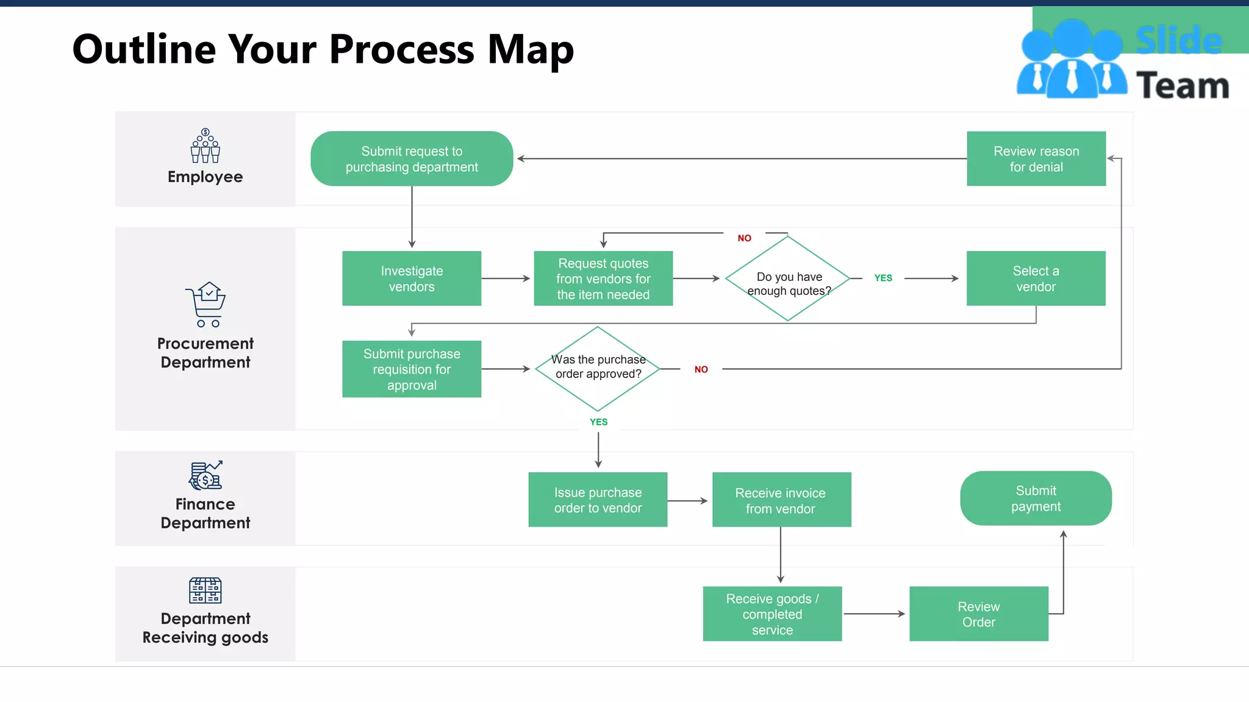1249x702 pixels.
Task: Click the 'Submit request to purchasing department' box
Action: click(x=412, y=158)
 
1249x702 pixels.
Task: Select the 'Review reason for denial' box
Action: click(x=1036, y=158)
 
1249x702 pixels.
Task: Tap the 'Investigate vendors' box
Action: click(x=412, y=278)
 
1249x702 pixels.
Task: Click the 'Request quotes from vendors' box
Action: click(x=603, y=278)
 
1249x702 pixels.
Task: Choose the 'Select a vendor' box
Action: click(x=1036, y=278)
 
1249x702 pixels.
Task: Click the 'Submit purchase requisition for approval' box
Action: click(x=412, y=369)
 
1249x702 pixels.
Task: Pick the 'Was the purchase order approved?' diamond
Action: click(x=598, y=369)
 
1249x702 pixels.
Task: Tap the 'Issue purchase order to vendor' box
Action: click(x=598, y=500)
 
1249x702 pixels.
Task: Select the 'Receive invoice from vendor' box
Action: click(x=781, y=500)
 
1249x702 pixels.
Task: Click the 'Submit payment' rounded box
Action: click(x=1036, y=498)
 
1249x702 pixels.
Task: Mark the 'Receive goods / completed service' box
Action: click(x=772, y=614)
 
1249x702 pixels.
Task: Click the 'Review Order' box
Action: click(x=978, y=614)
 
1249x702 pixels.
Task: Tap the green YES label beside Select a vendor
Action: click(x=883, y=278)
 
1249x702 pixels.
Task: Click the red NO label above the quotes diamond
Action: click(x=744, y=238)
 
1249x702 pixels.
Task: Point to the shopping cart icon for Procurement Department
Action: click(x=206, y=304)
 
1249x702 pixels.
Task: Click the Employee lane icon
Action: click(x=206, y=146)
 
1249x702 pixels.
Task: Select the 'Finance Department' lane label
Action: click(x=206, y=513)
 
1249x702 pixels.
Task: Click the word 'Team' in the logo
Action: click(x=1182, y=85)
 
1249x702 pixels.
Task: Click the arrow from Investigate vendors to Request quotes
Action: click(x=506, y=278)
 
